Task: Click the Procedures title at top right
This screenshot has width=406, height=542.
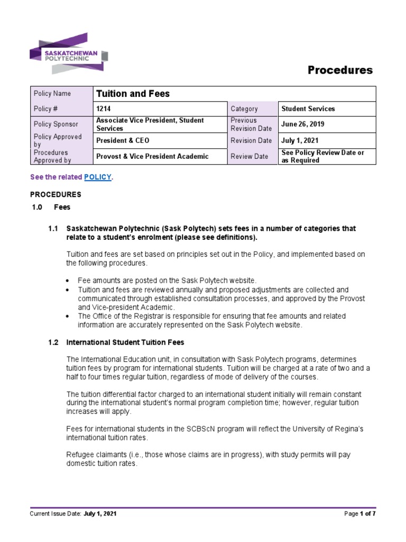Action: click(340, 70)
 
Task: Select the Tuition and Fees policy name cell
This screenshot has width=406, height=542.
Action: click(133, 94)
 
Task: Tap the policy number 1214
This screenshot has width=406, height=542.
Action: click(104, 109)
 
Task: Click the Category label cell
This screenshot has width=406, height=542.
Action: click(244, 109)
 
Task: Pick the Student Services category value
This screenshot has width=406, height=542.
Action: click(308, 109)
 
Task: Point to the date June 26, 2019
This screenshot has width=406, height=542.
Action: click(303, 124)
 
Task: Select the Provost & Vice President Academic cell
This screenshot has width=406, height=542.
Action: click(152, 156)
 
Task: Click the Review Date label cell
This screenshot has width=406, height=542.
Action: click(249, 156)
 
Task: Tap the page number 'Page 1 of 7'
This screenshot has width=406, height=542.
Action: click(359, 513)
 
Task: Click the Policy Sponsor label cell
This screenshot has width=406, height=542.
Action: click(56, 124)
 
